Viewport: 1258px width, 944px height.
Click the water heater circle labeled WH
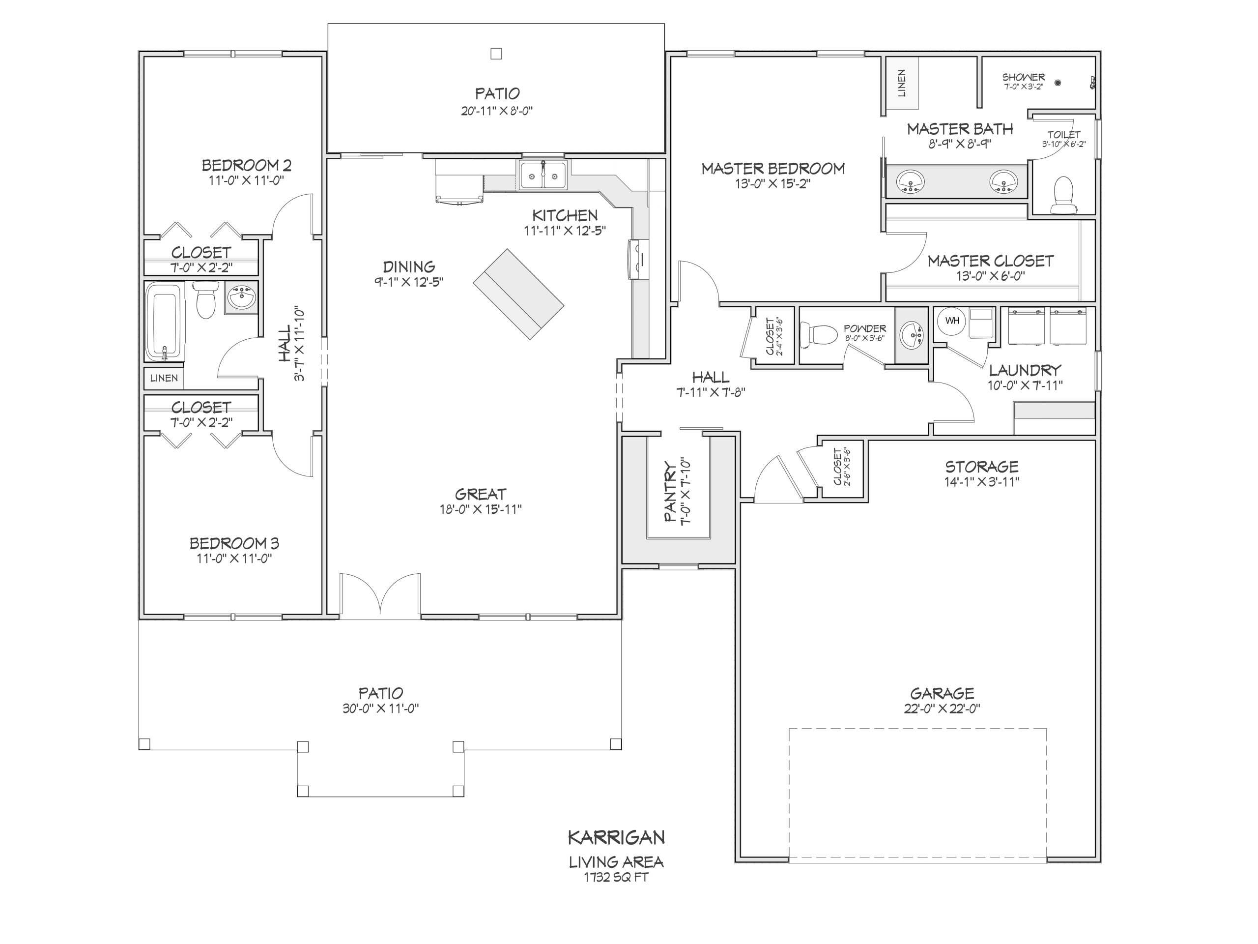(x=952, y=321)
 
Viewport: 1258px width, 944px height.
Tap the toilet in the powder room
(x=818, y=335)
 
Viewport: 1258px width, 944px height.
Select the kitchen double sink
(x=543, y=175)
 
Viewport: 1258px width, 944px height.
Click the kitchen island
(x=518, y=294)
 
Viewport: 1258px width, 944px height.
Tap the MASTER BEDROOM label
(x=773, y=169)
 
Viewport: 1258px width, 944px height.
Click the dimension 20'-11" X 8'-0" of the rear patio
(x=496, y=111)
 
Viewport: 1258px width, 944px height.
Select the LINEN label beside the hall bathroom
(x=164, y=378)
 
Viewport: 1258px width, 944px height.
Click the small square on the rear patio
(x=496, y=54)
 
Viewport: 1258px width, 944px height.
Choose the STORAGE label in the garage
(x=982, y=467)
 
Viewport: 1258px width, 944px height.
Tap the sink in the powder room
(x=912, y=335)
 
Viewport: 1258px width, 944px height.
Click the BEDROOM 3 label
(x=234, y=543)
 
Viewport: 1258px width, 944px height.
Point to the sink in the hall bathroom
(x=242, y=297)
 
